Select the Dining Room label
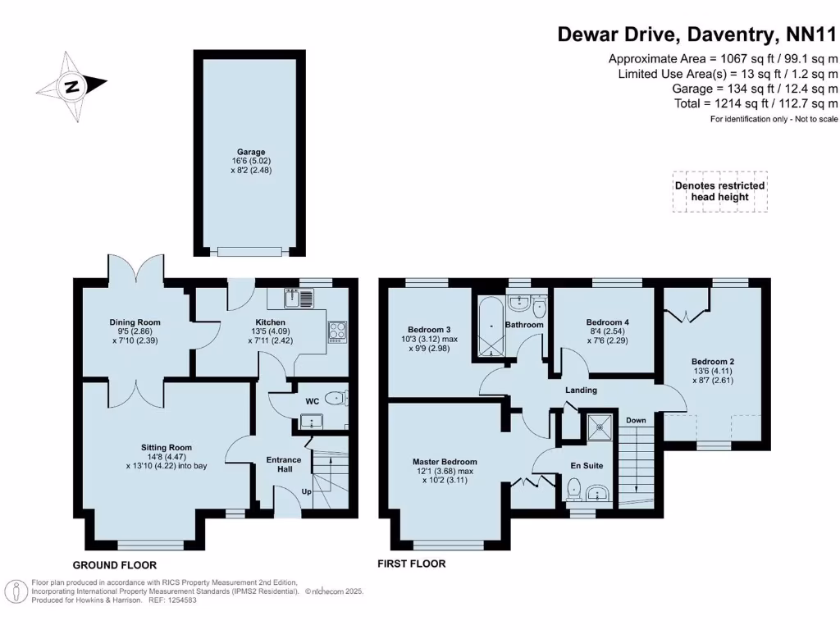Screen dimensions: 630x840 pos(135,322)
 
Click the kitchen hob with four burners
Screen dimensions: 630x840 pos(337,331)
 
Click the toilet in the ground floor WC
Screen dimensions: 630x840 pos(336,399)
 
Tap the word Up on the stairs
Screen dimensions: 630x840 pos(308,492)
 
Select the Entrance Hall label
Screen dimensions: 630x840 pos(283,465)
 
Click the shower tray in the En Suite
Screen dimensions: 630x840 pos(600,427)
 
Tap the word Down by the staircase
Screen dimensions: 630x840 pos(636,420)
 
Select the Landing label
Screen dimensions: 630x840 pos(581,390)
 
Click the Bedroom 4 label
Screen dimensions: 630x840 pos(607,322)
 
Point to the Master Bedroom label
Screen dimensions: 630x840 pos(445,462)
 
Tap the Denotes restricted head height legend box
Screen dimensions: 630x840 pos(719,191)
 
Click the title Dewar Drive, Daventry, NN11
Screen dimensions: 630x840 pos(697,34)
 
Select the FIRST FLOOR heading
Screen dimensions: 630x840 pos(411,564)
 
